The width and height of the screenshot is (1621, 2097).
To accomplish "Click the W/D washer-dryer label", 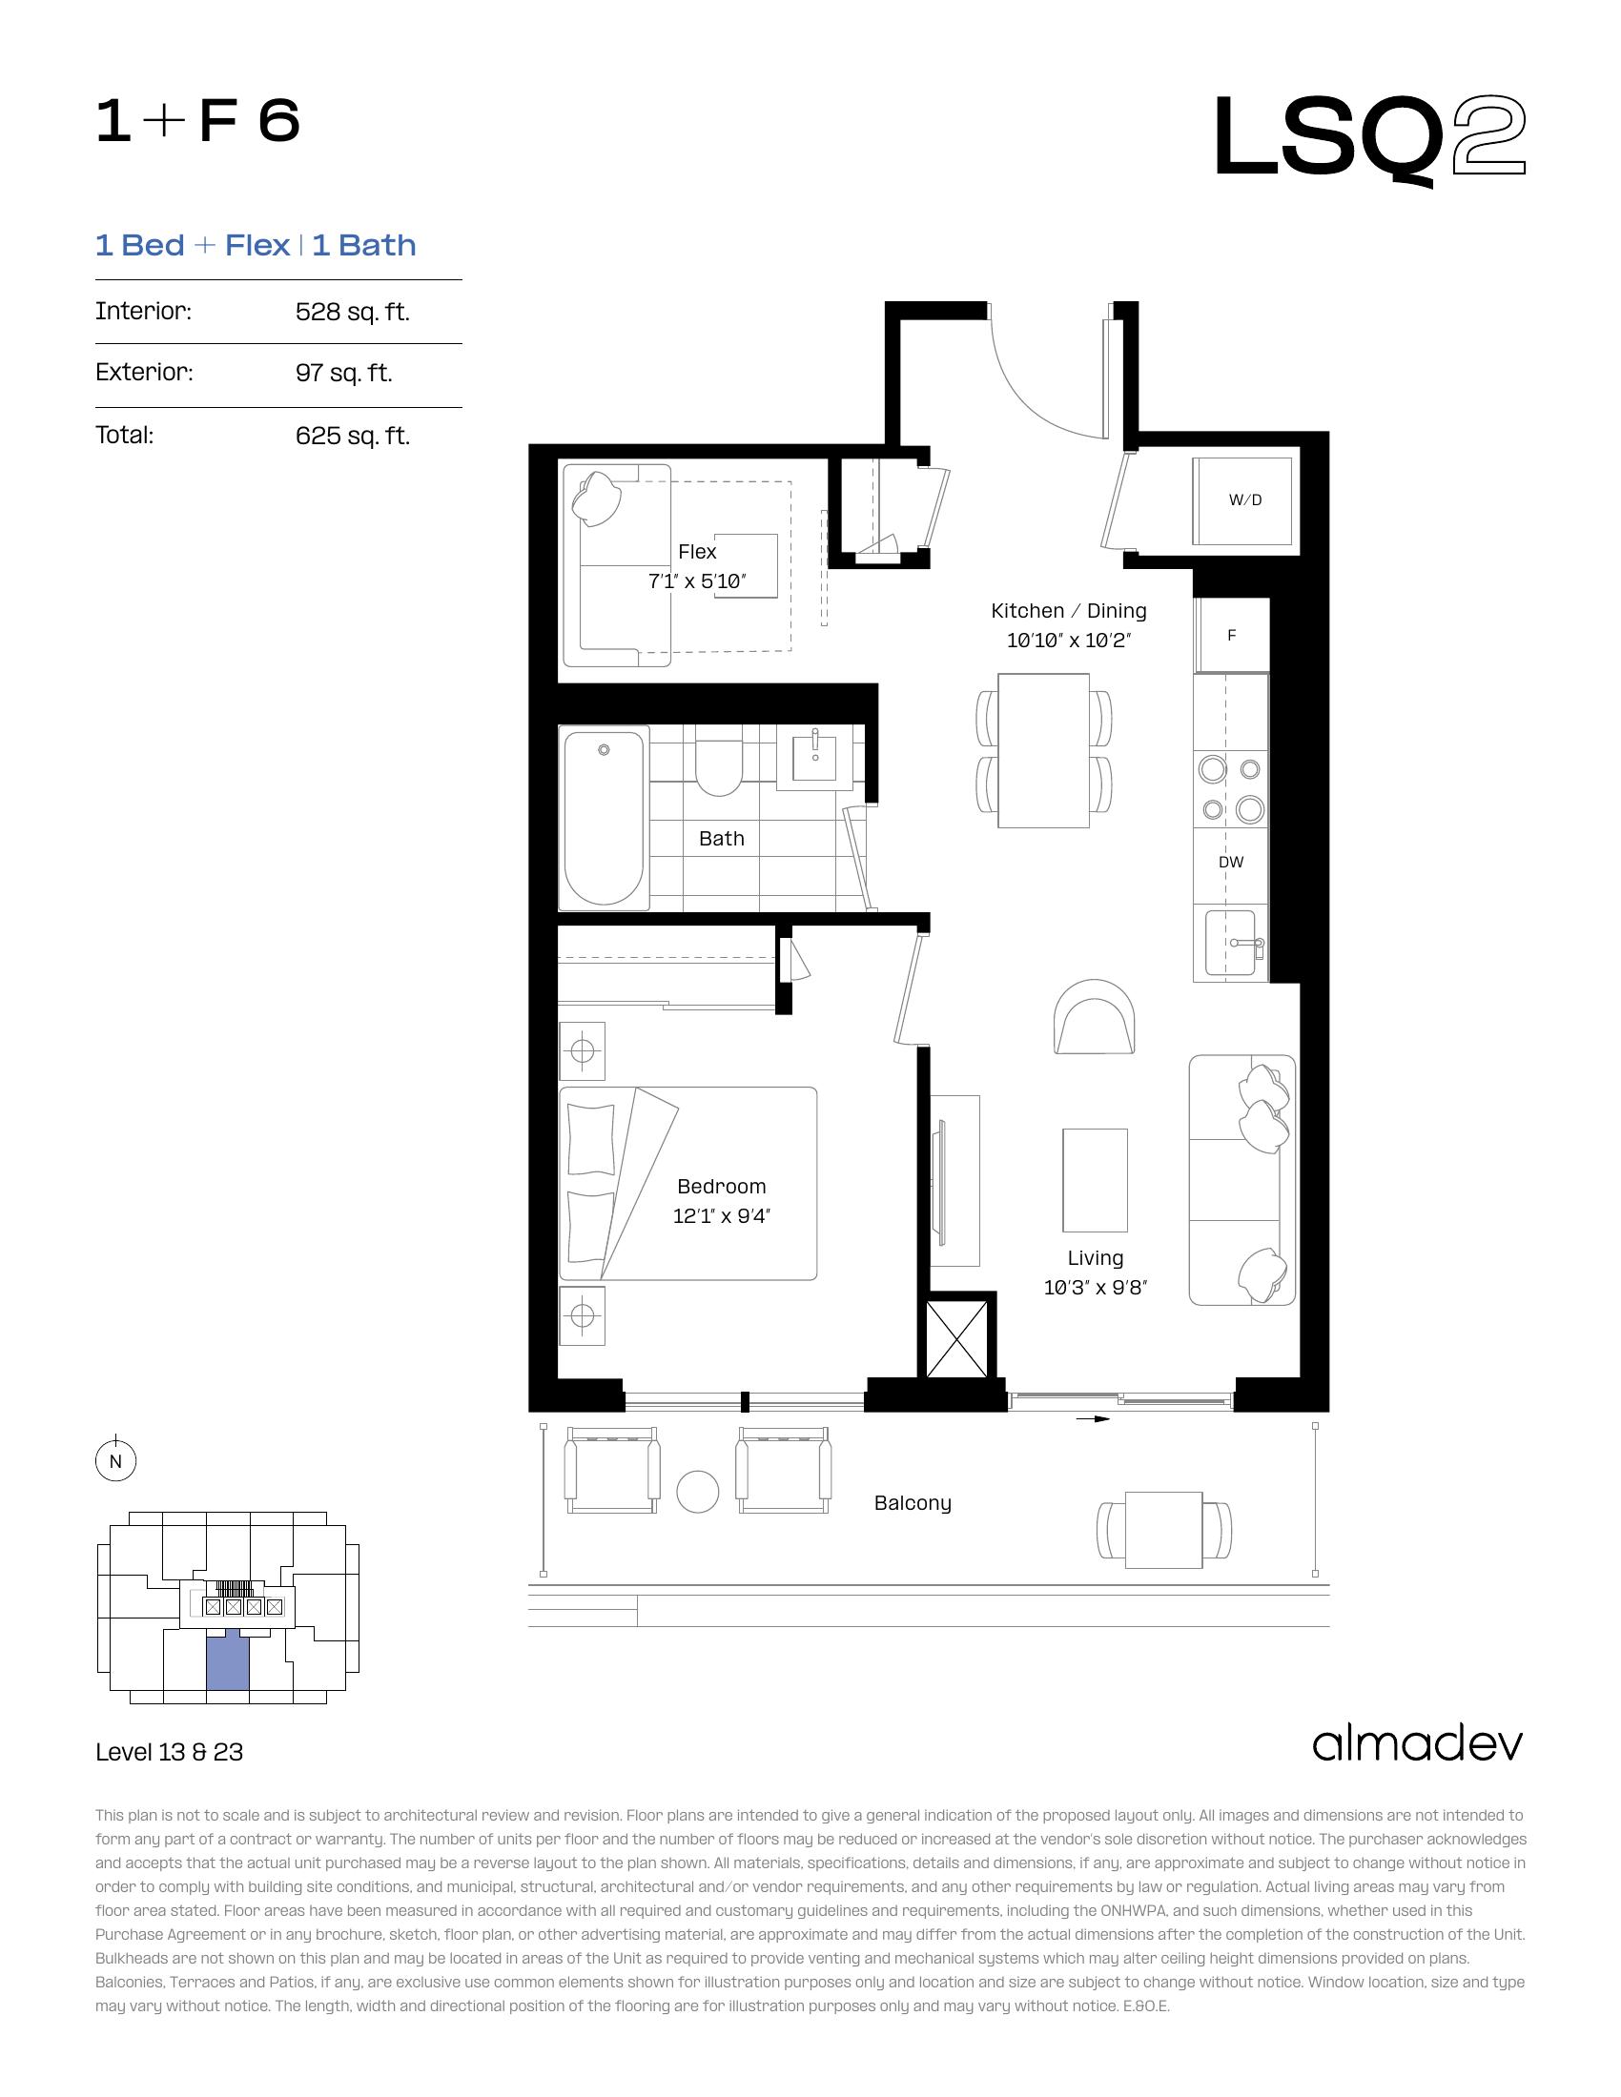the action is pyautogui.click(x=1244, y=500).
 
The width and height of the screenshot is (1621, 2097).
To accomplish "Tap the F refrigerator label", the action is pyautogui.click(x=1232, y=636).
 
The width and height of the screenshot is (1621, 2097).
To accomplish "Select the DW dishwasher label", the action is pyautogui.click(x=1231, y=863).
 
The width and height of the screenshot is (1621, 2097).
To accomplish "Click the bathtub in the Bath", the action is pyautogui.click(x=603, y=818).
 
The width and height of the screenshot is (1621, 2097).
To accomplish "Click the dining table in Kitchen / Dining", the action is pyautogui.click(x=1044, y=750).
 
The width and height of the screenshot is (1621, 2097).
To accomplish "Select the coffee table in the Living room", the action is pyautogui.click(x=1095, y=1180).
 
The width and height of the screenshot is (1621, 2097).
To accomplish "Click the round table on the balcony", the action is pyautogui.click(x=698, y=1492).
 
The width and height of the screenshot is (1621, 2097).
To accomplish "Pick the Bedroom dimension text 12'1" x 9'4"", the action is pyautogui.click(x=721, y=1215).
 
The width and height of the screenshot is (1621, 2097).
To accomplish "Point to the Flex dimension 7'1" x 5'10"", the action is pyautogui.click(x=697, y=580).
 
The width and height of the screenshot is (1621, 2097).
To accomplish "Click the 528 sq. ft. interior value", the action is pyautogui.click(x=353, y=312).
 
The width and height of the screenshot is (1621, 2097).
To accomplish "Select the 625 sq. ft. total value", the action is pyautogui.click(x=353, y=436).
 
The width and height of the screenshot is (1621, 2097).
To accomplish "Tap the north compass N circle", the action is pyautogui.click(x=116, y=1461).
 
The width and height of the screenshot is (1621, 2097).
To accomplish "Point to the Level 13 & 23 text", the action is pyautogui.click(x=169, y=1752).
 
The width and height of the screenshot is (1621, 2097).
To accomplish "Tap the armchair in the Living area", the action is pyautogui.click(x=1094, y=1015).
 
